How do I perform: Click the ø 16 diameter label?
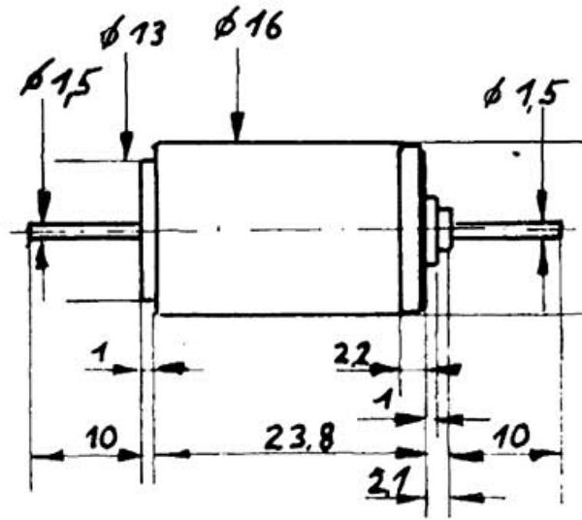coord(248,24)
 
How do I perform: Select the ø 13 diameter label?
coord(132,33)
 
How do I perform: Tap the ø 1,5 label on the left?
coord(60,82)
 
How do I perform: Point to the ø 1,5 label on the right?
coord(526,93)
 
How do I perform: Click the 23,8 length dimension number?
coord(299,438)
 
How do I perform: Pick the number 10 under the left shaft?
coord(102,437)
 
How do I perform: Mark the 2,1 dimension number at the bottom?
coord(387,481)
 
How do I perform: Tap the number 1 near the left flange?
coord(99,352)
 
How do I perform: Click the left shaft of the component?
coord(84,231)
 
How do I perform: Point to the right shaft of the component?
coord(507,229)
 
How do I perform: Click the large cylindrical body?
coord(277,228)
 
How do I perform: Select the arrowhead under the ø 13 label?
coord(126,146)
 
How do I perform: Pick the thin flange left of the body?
coord(147,230)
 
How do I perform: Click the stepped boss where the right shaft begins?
coord(438,231)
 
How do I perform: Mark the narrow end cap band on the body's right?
coord(411,229)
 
